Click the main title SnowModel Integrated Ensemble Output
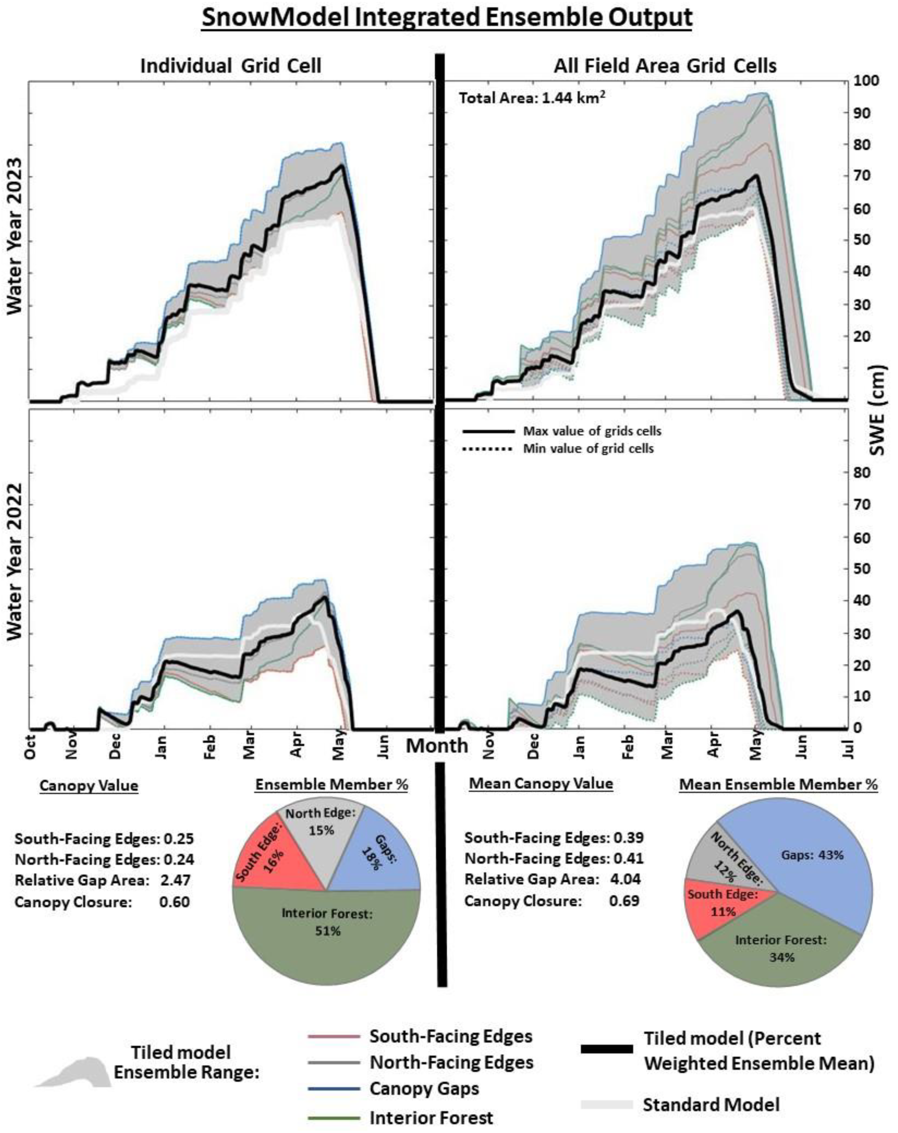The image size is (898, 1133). [x=447, y=18]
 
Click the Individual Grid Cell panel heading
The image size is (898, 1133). [x=231, y=66]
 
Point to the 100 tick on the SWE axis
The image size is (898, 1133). [x=866, y=81]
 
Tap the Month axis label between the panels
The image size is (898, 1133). [x=436, y=746]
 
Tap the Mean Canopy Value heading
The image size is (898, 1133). [x=541, y=784]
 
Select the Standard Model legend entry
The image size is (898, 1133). [x=710, y=1105]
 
